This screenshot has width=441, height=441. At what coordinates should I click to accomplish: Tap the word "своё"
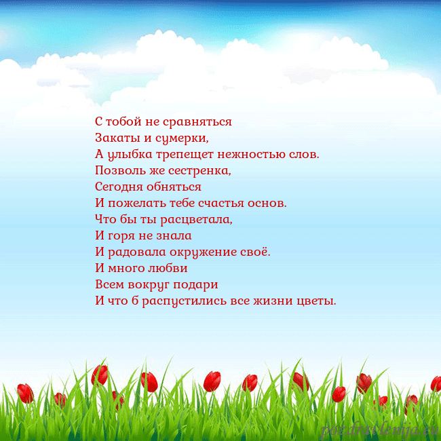[254, 252]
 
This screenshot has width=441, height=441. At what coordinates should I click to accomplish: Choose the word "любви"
[166, 269]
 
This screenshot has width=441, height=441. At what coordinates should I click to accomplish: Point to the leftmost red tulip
[25, 393]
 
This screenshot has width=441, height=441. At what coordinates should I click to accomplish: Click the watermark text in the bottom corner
[379, 429]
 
